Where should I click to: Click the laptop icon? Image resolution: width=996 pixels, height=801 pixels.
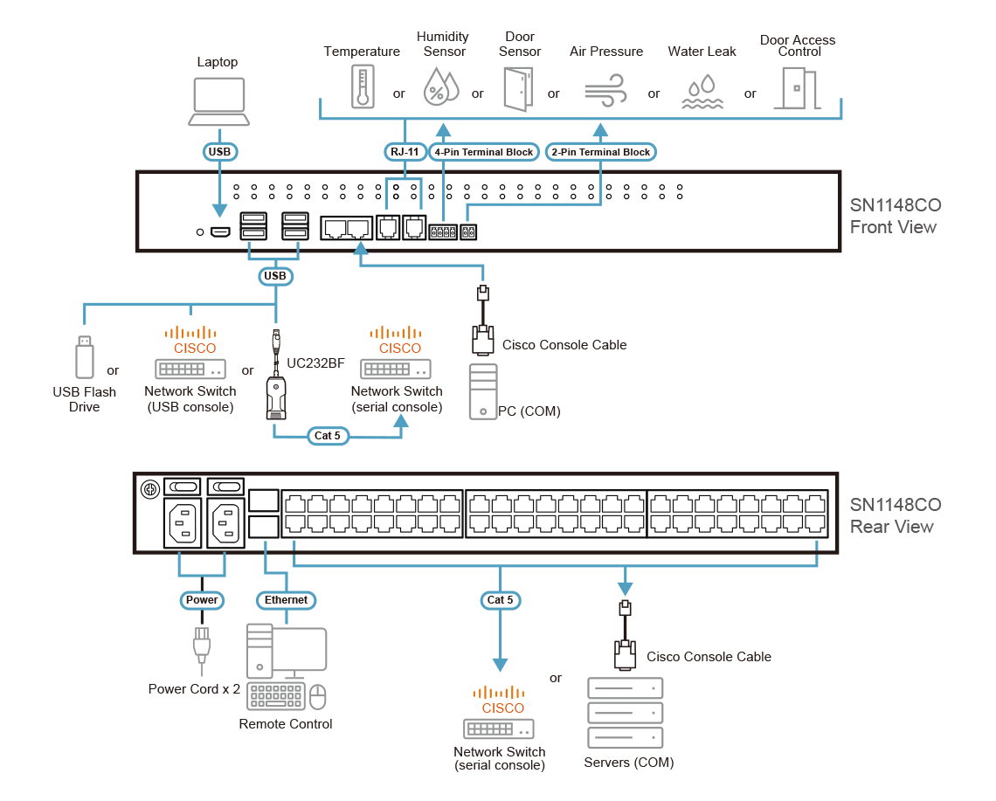pos(220,102)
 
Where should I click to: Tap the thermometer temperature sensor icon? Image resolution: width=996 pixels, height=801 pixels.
pos(363,86)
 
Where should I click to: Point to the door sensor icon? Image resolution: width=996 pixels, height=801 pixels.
pos(516,88)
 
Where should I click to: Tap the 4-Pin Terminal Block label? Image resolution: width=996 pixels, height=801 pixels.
pos(484,152)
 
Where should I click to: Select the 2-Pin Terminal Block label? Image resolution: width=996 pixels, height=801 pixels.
pos(601,152)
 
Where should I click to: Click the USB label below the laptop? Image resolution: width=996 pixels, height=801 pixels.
pos(220,152)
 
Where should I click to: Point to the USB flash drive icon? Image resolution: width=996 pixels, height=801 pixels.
pos(84,356)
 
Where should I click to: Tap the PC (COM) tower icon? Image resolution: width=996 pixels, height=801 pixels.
pos(482,391)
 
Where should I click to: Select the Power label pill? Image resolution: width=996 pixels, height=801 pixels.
pos(202,600)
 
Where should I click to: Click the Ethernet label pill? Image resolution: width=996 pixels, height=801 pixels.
pos(287,600)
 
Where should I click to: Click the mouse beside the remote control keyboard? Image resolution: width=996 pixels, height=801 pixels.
pos(319,696)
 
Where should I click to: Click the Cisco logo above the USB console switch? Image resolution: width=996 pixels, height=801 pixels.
pos(190,338)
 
